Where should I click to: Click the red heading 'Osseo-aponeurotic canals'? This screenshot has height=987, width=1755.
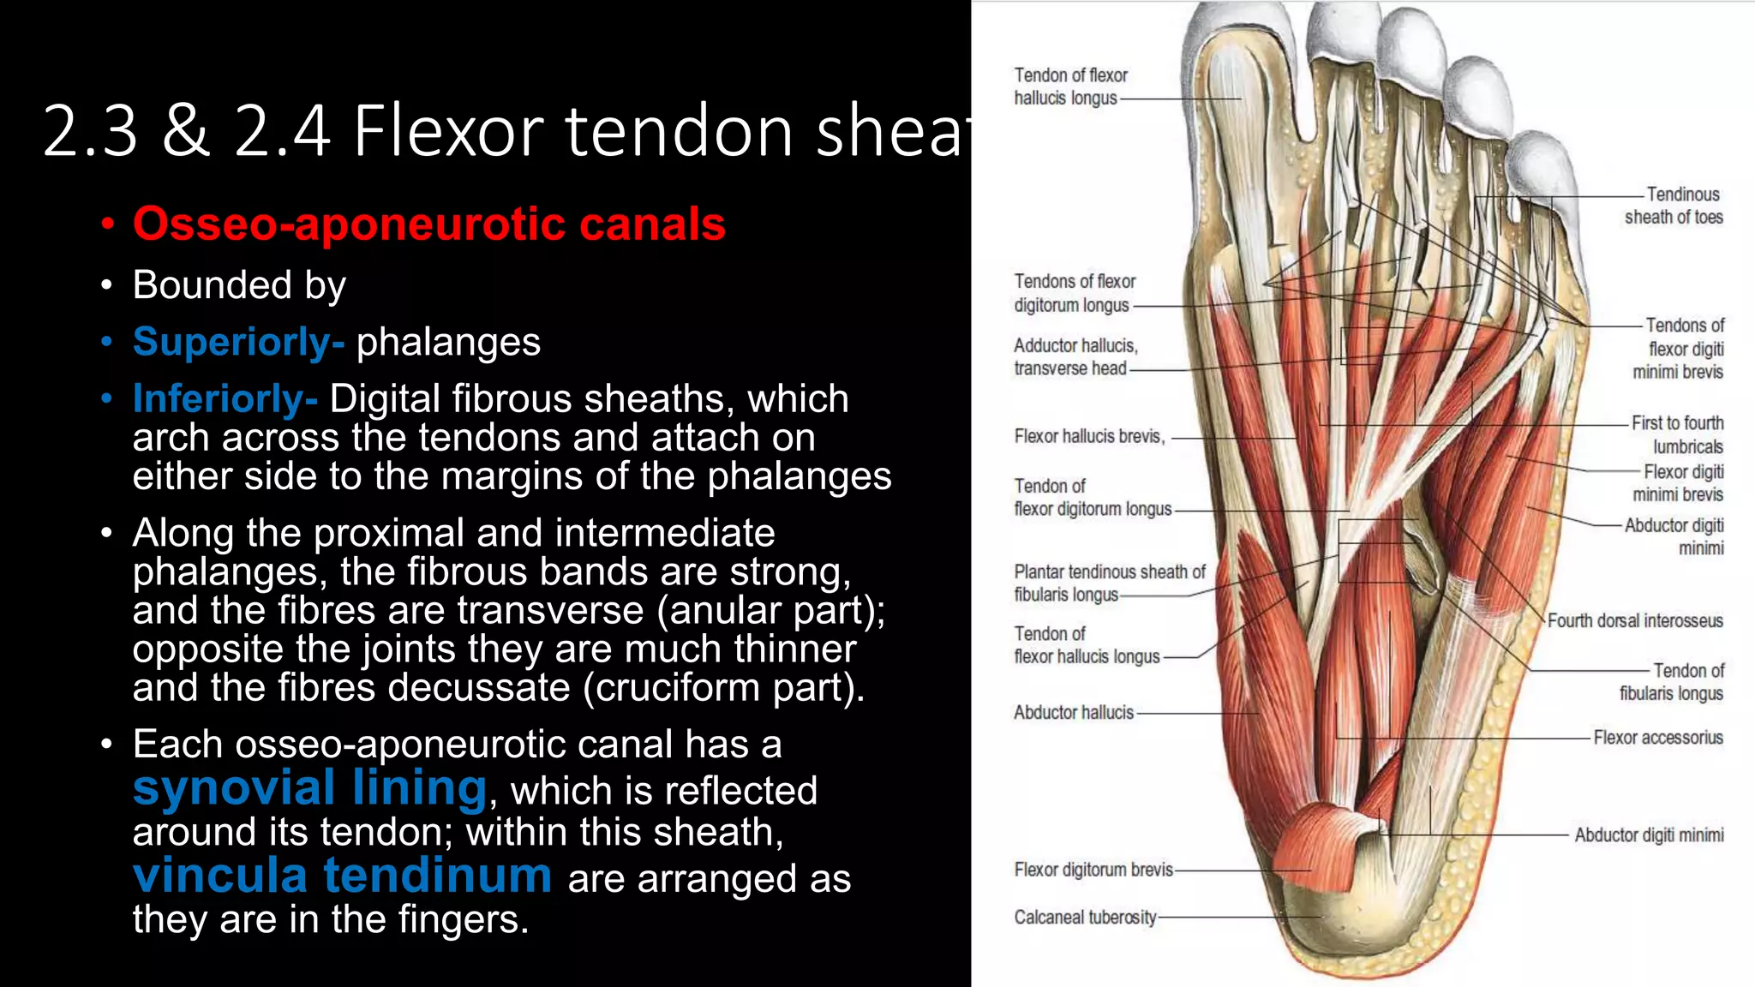[428, 224]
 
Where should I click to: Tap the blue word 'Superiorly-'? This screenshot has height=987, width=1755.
[238, 342]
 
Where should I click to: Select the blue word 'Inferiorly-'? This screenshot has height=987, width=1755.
[225, 398]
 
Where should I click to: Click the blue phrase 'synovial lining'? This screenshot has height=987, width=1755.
[310, 787]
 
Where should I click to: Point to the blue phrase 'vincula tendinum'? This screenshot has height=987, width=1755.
[342, 876]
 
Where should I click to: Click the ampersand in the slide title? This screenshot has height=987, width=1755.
[185, 131]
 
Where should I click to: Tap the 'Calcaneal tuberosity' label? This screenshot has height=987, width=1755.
[1085, 918]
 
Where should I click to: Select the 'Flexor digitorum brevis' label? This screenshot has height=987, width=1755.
[1093, 870]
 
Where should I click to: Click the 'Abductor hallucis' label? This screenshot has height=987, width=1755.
[1073, 712]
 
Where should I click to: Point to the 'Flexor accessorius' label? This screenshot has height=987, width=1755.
[1657, 738]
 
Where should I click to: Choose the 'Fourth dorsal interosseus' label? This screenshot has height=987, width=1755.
[1634, 620]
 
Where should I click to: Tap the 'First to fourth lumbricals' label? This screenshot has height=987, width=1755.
[1678, 434]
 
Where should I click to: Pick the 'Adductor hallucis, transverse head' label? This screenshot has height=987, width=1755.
[1075, 356]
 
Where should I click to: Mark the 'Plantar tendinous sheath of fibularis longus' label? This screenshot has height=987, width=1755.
[1108, 583]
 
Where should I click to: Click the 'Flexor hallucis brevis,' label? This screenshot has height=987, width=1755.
[1089, 436]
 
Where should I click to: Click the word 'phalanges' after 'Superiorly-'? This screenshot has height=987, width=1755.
[448, 342]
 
